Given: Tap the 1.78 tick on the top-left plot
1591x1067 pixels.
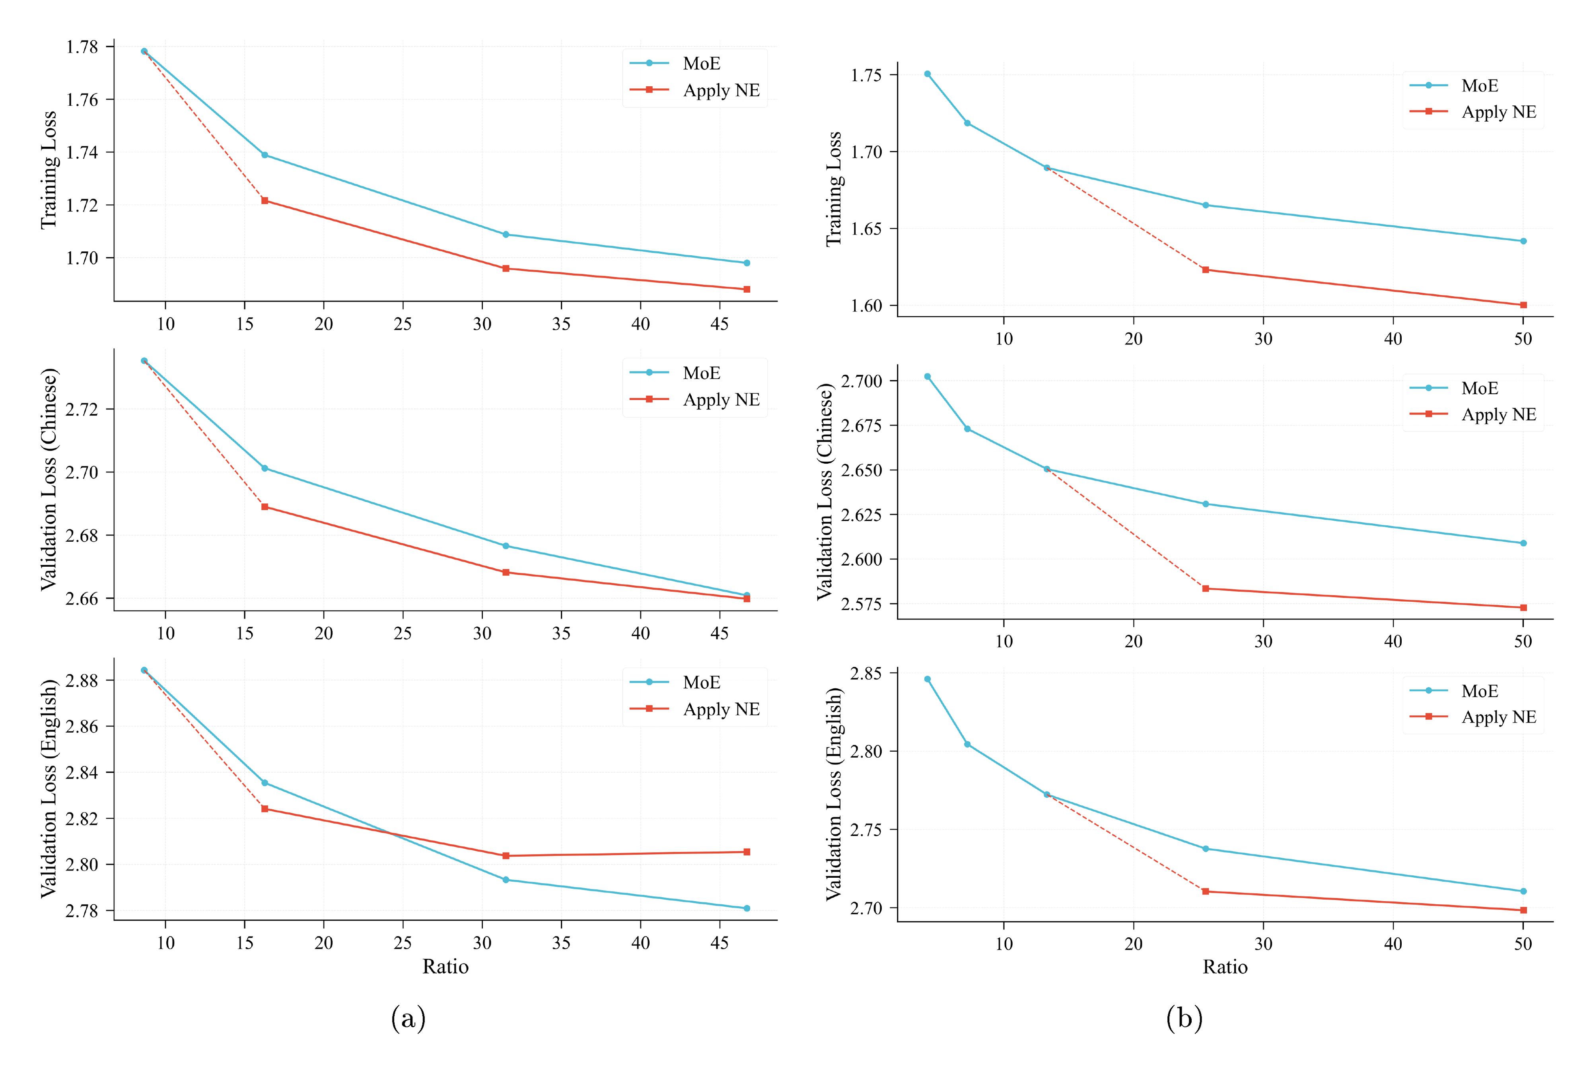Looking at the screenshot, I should click(82, 47).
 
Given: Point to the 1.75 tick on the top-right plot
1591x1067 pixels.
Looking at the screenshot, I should click(866, 75).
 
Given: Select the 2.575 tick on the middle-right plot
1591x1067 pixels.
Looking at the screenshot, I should click(861, 604).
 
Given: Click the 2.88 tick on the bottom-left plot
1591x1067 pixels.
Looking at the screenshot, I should click(82, 680).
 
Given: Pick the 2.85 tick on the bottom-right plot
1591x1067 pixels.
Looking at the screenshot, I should click(866, 674).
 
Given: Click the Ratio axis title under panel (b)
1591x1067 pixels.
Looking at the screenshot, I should click(1225, 967).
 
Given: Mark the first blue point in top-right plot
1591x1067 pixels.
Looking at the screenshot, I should click(928, 74).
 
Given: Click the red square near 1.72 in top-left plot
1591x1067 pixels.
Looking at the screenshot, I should click(265, 201).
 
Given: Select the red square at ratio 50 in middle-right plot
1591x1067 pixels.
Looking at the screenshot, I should click(1524, 608).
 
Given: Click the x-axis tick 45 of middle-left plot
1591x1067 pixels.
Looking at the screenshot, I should click(719, 634).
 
